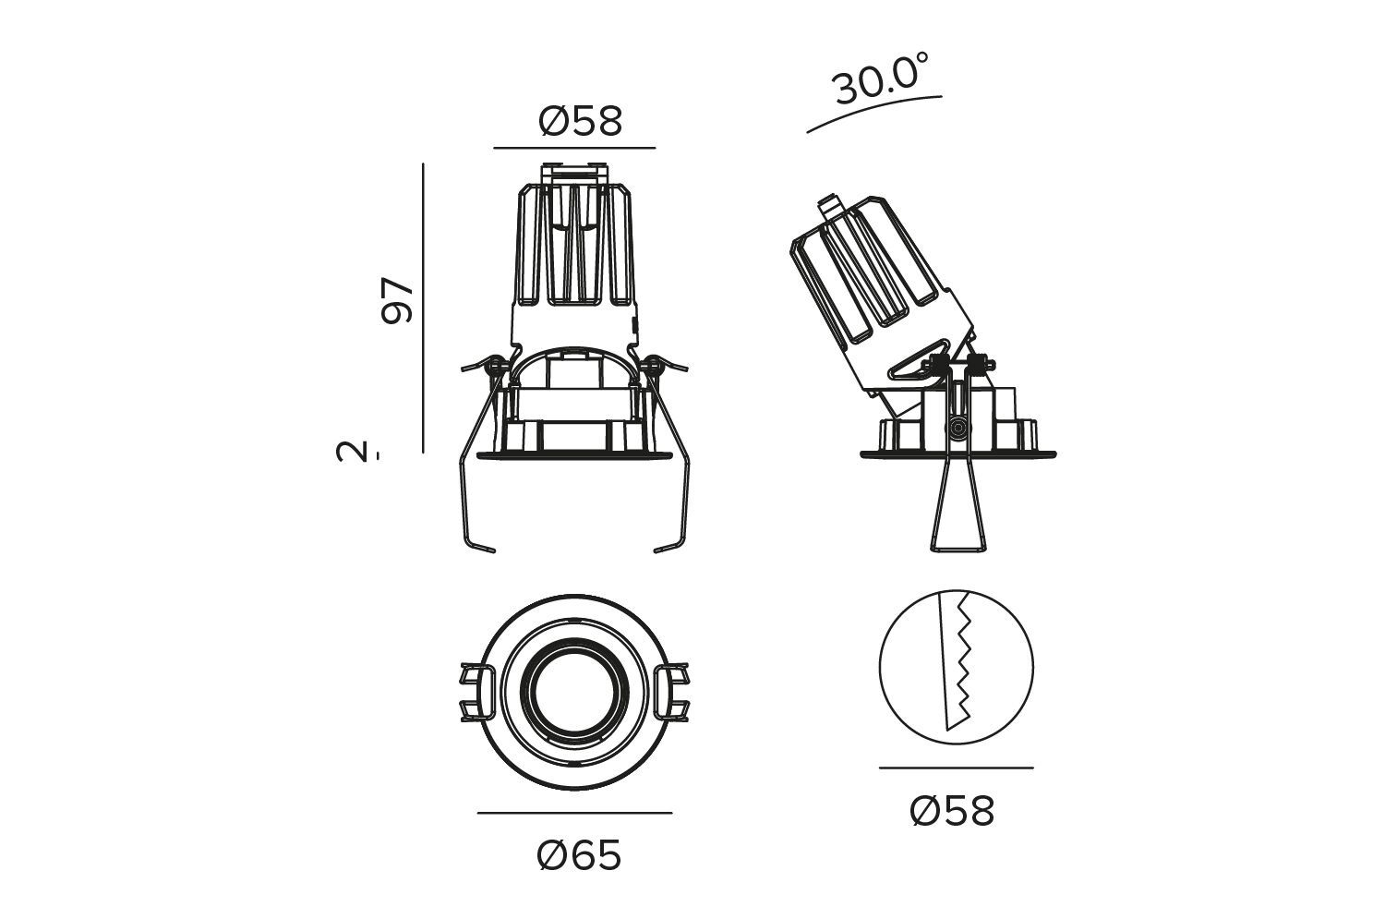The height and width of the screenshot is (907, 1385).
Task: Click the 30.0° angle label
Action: click(x=880, y=79)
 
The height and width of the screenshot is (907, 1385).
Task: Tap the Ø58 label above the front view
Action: click(x=580, y=121)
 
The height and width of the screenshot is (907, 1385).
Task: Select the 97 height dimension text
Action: click(x=397, y=301)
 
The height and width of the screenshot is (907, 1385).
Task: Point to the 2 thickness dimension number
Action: click(x=351, y=451)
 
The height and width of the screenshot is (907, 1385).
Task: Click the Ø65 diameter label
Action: click(x=579, y=855)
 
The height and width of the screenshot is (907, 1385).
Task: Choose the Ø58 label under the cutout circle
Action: click(x=952, y=811)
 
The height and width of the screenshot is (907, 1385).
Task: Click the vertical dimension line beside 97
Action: click(x=423, y=308)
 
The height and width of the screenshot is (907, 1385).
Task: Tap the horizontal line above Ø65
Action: click(x=574, y=813)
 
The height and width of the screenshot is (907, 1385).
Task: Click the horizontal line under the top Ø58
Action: click(x=574, y=148)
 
